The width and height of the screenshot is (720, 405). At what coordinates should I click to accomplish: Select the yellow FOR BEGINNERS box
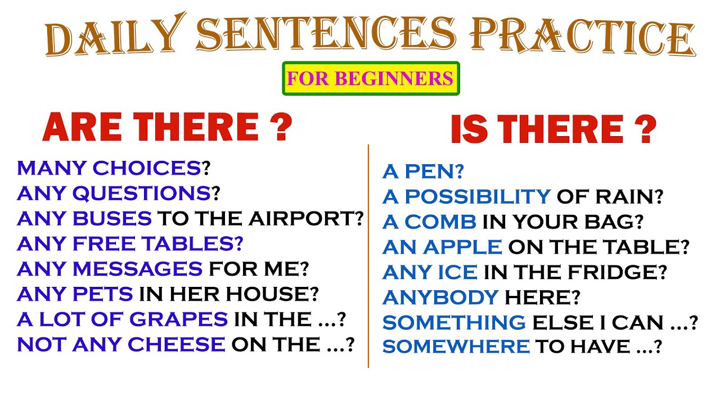(x=370, y=78)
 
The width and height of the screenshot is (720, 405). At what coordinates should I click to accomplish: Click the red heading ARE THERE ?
(x=168, y=128)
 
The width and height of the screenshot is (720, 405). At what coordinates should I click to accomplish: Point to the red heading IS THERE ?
(x=553, y=130)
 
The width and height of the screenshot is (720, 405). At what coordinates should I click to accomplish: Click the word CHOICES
(x=147, y=168)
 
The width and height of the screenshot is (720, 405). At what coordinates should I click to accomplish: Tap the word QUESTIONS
(x=141, y=193)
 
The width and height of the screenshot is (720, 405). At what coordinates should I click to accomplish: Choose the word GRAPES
(x=179, y=319)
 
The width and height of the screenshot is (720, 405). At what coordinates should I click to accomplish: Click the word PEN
(x=433, y=172)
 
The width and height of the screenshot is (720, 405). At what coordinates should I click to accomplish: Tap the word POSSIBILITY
(x=477, y=197)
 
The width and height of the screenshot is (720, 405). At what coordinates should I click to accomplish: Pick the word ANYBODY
(x=440, y=296)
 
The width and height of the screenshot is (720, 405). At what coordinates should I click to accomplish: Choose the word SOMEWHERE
(x=456, y=346)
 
